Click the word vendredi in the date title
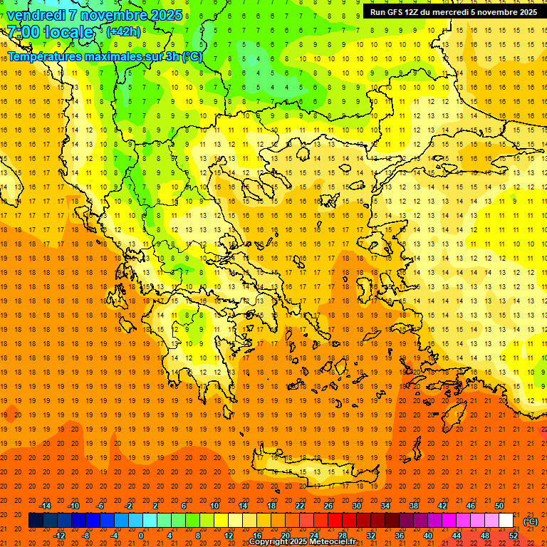[x=36, y=15]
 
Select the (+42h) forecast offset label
[x=123, y=31]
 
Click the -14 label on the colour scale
[x=45, y=506]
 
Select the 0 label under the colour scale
[x=141, y=536]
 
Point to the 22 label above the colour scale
[x=300, y=506]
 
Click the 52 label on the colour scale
[x=514, y=536]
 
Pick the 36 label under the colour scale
[x=400, y=536]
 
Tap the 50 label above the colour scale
[x=499, y=506]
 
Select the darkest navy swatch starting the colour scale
[x=36, y=521]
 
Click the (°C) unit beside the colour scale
[x=531, y=521]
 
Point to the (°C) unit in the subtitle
[x=192, y=56]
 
